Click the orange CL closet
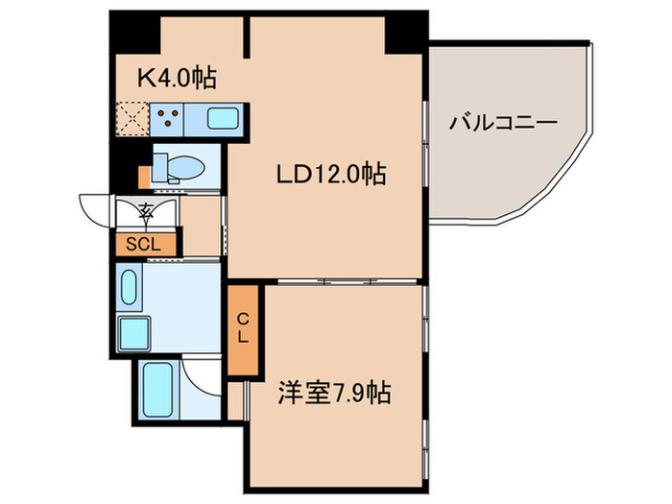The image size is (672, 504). (x=243, y=329)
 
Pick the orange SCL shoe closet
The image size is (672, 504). (x=146, y=244)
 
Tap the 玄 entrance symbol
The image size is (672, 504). (x=146, y=210)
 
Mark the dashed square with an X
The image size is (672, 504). (x=131, y=120)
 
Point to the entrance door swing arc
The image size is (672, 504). (x=96, y=208)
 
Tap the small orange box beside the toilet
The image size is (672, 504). (x=144, y=177)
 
